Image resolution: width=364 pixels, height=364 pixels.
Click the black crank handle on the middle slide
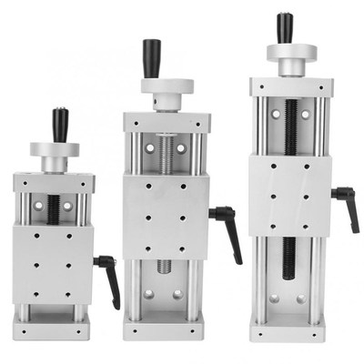tap(151, 58)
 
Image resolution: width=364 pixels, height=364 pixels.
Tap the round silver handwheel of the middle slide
tap(166, 87)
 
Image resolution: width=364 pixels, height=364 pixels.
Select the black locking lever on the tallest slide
tap(347, 205)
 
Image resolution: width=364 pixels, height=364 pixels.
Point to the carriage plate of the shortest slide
tap(53, 265)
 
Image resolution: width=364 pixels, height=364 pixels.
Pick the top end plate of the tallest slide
tap(291, 86)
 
